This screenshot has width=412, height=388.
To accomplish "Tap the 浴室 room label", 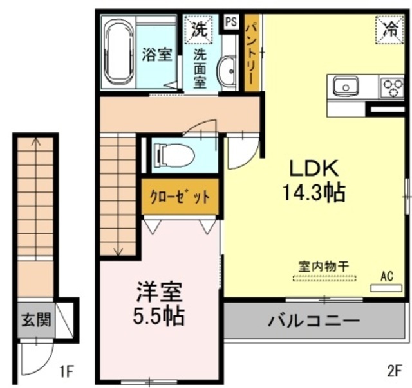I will (x=156, y=54).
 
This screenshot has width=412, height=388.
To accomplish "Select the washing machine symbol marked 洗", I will (x=199, y=28).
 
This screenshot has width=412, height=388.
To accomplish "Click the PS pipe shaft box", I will (x=230, y=22).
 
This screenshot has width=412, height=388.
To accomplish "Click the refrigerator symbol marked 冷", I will (x=389, y=28).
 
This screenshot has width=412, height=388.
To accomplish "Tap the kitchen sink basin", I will (x=346, y=86).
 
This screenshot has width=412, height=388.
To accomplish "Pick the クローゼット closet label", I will (x=180, y=197).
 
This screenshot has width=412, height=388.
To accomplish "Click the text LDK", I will (x=313, y=168).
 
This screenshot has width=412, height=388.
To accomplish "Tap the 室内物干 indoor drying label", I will (x=324, y=265).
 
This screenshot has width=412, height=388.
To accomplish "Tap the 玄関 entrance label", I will (x=36, y=319).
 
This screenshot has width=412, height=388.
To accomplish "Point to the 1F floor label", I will (x=68, y=371).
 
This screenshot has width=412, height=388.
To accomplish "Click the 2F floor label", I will (x=395, y=371).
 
